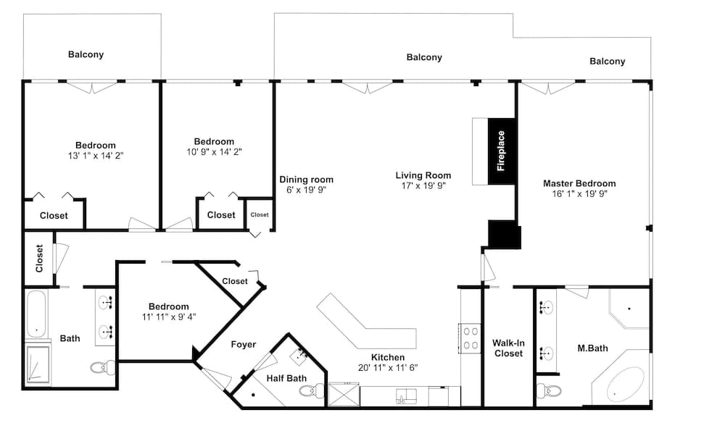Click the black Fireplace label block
[501, 151]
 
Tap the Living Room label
[423, 175]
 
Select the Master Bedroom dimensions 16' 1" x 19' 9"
[579, 194]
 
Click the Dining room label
[307, 180]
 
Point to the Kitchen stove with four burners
[470, 338]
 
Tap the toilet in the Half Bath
[311, 391]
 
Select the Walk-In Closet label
[508, 348]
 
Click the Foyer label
[244, 344]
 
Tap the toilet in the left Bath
[101, 367]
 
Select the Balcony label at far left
[86, 54]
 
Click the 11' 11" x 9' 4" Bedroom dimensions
[168, 317]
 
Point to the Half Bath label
[286, 378]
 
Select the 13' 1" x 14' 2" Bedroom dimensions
[95, 156]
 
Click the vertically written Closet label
[39, 258]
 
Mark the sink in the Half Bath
[302, 356]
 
